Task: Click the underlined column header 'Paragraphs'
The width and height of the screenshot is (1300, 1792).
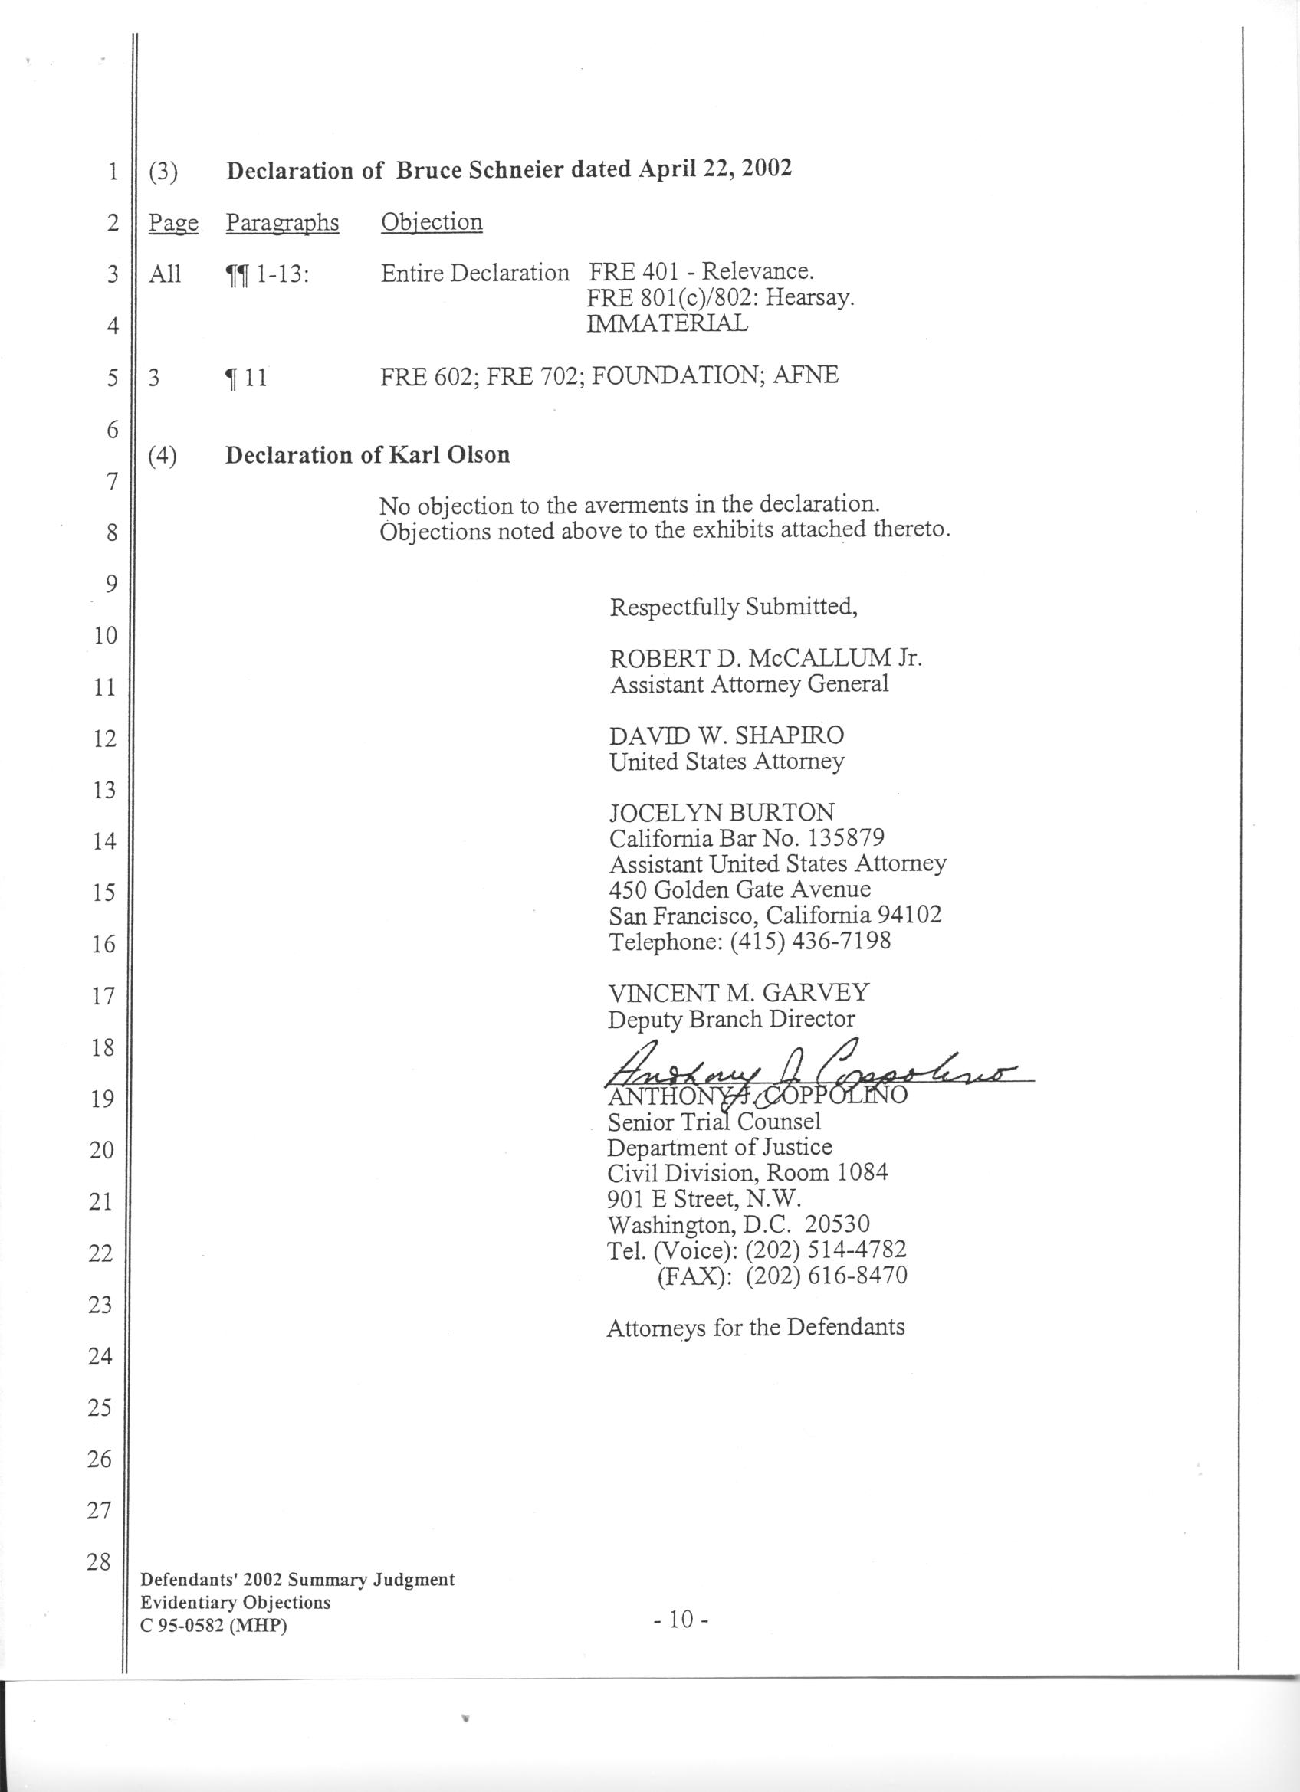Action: click(x=282, y=223)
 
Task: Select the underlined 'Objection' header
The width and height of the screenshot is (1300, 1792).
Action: click(x=432, y=222)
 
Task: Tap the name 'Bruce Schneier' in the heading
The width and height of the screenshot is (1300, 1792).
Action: click(x=483, y=170)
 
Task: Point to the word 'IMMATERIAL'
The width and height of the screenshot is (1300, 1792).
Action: click(x=667, y=323)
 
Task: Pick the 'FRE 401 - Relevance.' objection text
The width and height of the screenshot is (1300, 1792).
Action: click(x=701, y=272)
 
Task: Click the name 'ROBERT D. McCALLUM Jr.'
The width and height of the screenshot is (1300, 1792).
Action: click(x=765, y=658)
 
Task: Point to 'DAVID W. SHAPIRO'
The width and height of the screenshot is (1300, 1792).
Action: click(x=726, y=735)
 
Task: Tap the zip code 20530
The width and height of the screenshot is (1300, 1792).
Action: click(x=837, y=1225)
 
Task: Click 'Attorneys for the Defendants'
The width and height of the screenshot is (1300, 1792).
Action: click(x=755, y=1328)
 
